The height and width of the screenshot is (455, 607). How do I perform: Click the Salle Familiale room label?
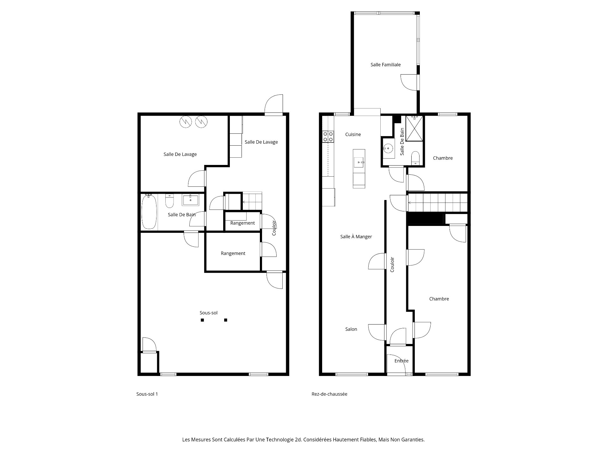pyautogui.click(x=385, y=65)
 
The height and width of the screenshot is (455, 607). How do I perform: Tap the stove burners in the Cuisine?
pyautogui.click(x=328, y=136)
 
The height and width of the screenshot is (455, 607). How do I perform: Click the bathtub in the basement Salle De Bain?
pyautogui.click(x=149, y=212)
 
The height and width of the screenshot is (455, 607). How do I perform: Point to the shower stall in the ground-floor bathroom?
pyautogui.click(x=414, y=128)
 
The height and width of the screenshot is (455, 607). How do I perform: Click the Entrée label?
pyautogui.click(x=401, y=361)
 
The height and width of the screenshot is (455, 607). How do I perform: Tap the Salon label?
pyautogui.click(x=351, y=329)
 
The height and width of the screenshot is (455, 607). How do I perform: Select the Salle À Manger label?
pyautogui.click(x=356, y=237)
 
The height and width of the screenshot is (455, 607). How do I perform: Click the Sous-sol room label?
pyautogui.click(x=208, y=313)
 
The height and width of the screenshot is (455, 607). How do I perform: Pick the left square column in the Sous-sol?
pyautogui.click(x=202, y=320)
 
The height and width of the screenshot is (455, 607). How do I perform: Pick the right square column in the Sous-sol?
pyautogui.click(x=226, y=320)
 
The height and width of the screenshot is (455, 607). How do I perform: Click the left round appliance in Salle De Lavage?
pyautogui.click(x=186, y=122)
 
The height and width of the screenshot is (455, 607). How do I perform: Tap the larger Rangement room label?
pyautogui.click(x=233, y=253)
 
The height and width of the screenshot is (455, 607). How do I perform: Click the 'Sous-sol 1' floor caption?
pyautogui.click(x=147, y=394)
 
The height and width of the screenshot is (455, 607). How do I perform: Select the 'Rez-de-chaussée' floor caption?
pyautogui.click(x=329, y=394)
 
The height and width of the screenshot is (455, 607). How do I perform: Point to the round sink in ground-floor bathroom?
pyautogui.click(x=388, y=148)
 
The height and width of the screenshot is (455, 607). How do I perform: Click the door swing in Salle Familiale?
pyautogui.click(x=410, y=83)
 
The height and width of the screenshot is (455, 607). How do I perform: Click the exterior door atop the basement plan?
pyautogui.click(x=274, y=105)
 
